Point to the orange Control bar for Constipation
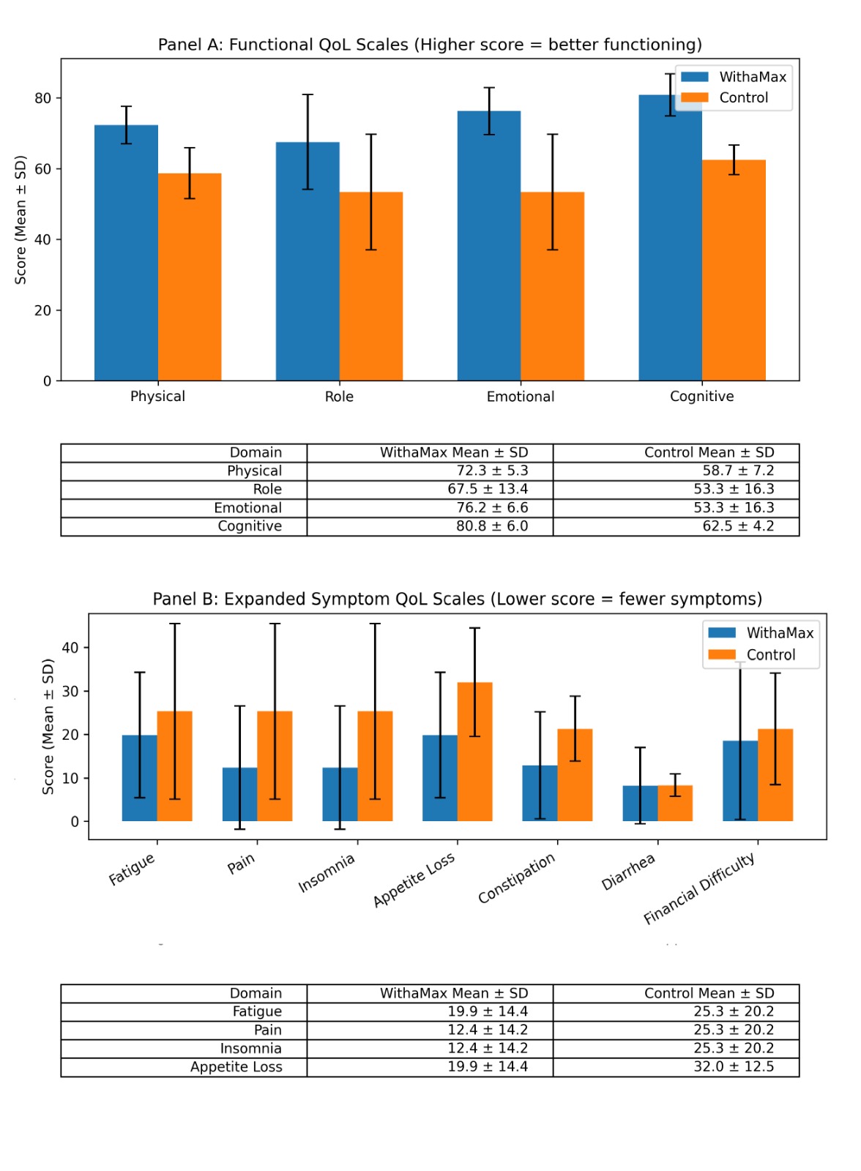(575, 775)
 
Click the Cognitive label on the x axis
(701, 397)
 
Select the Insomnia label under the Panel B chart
(327, 873)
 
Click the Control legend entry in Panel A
(743, 98)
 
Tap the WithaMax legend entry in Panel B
(780, 633)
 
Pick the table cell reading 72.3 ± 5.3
(492, 471)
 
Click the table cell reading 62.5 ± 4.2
(738, 526)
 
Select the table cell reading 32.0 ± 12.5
(734, 1067)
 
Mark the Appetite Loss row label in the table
(236, 1067)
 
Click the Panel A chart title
(430, 45)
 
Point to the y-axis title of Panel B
(48, 726)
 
